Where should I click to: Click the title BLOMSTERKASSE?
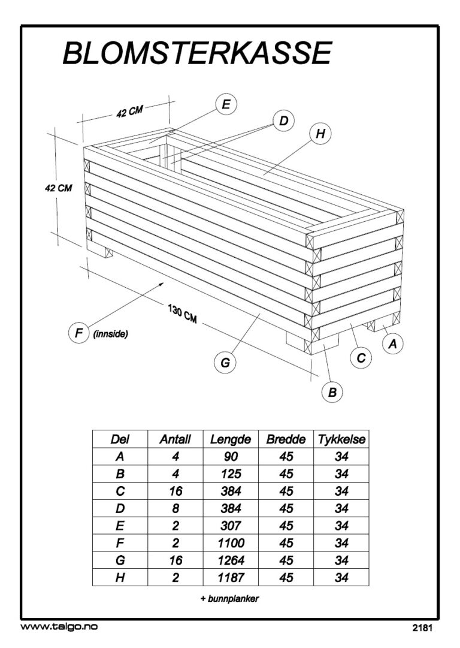tap(197, 53)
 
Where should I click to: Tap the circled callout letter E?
tap(226, 104)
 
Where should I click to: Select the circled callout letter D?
tap(283, 121)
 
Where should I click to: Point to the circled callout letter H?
tap(320, 134)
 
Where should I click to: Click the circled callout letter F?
tap(78, 333)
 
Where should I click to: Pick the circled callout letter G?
tap(225, 362)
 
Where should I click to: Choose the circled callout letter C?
tap(361, 358)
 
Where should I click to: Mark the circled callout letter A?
tap(393, 343)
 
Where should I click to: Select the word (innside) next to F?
tap(111, 334)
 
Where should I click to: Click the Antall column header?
tap(175, 439)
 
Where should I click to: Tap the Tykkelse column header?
tap(341, 439)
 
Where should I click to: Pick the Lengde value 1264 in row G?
tap(231, 560)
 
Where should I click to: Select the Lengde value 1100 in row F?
tap(231, 543)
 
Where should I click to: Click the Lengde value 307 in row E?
tap(231, 526)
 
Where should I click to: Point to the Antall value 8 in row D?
tap(175, 508)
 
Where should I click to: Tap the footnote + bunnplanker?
tap(229, 599)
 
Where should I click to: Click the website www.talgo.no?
tap(59, 626)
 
